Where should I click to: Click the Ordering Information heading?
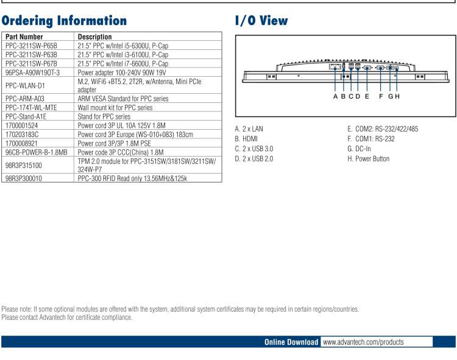coord(64,20)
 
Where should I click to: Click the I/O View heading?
coord(261,20)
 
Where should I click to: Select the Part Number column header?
coord(24,37)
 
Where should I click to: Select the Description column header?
coord(96,37)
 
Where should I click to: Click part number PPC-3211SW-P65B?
coord(31,46)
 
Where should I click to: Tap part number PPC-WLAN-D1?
coord(24,85)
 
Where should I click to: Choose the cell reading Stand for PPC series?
coord(104,116)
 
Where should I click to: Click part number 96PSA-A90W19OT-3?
coord(32,72)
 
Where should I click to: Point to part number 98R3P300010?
coord(24,179)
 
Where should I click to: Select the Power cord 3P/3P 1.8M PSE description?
coord(114,143)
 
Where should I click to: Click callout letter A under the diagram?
coord(335,96)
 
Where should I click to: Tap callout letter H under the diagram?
coord(397,96)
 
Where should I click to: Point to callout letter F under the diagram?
coord(381,96)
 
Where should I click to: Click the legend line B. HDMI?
coord(246,138)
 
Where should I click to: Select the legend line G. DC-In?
coord(359,149)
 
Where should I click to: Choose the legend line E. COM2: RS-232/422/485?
coord(383,129)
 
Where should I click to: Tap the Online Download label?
coord(291,342)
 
